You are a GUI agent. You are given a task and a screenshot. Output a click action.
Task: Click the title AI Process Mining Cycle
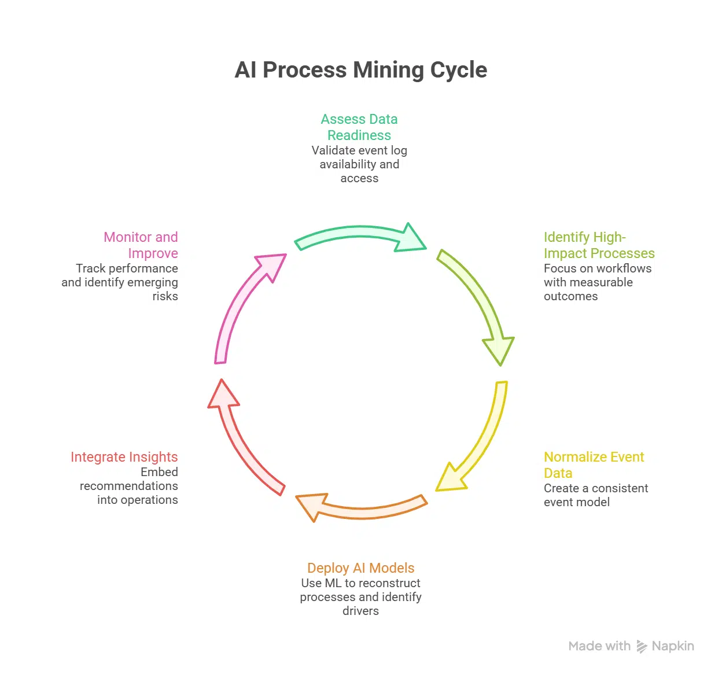(360, 70)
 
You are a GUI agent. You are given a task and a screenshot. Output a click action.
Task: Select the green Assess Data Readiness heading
(359, 127)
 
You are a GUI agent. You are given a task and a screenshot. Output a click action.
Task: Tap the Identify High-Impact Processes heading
(599, 245)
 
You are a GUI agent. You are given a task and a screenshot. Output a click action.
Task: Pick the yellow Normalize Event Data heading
(594, 465)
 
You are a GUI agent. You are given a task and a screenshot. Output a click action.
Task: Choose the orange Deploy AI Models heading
(360, 568)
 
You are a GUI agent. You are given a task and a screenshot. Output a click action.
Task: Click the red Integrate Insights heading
(124, 457)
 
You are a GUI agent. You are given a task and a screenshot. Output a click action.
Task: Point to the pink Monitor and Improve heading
(141, 245)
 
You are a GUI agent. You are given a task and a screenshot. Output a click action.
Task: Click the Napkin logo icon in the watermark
(642, 646)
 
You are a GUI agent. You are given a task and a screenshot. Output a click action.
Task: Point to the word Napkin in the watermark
(673, 646)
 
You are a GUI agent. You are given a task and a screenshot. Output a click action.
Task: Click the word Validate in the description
(331, 150)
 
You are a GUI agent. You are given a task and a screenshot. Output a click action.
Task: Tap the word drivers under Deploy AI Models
(360, 611)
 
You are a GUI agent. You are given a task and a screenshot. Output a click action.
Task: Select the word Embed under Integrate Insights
(159, 472)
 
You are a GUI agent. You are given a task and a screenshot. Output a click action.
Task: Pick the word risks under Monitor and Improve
(165, 296)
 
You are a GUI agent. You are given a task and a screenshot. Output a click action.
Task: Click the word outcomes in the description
(570, 296)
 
